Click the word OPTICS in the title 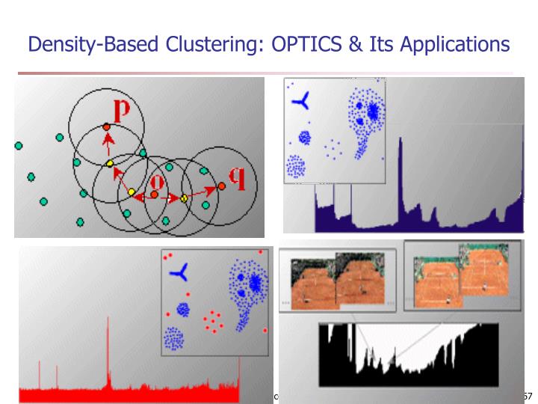[x=305, y=45]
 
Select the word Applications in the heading [x=454, y=46]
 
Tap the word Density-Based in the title [x=93, y=46]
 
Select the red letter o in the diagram [x=157, y=182]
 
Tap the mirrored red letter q [x=237, y=177]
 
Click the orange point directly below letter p [x=107, y=127]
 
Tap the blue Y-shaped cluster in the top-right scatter [x=301, y=102]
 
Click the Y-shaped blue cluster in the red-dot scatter [x=179, y=272]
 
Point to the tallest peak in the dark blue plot [x=401, y=183]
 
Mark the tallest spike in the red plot [x=108, y=352]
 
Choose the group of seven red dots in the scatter [x=213, y=322]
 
